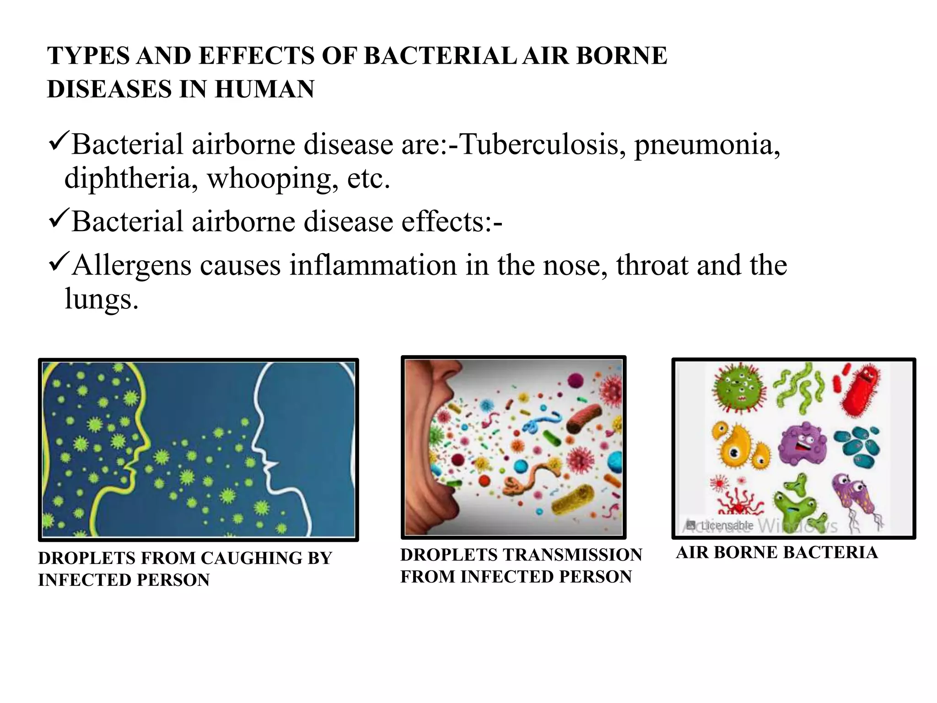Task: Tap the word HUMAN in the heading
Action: (x=264, y=89)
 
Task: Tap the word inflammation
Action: (x=373, y=265)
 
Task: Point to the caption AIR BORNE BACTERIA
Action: (x=777, y=552)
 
